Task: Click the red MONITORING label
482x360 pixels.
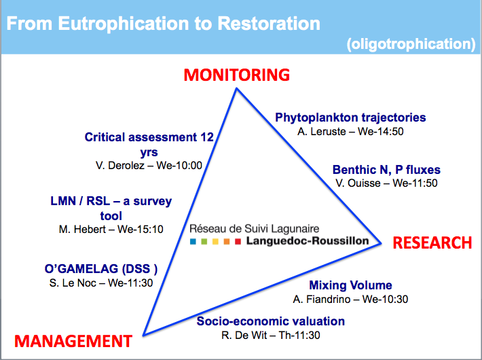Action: [237, 75]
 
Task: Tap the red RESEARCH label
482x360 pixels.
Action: [432, 242]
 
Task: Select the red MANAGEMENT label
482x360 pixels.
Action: [73, 341]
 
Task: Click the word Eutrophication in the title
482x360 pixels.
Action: [124, 24]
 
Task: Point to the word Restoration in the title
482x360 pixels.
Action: [269, 24]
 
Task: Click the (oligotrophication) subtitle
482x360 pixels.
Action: [411, 44]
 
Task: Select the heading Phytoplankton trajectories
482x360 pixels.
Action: [350, 118]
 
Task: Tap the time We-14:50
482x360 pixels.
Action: [381, 131]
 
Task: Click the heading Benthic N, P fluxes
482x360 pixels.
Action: [386, 170]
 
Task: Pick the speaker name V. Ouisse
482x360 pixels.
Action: [358, 183]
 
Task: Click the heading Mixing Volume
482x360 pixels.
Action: [350, 285]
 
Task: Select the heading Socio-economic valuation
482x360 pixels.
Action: [270, 321]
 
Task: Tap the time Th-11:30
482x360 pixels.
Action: [299, 335]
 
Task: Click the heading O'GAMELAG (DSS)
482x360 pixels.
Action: [101, 269]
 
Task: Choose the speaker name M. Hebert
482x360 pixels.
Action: [82, 229]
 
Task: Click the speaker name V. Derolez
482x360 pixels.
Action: [120, 166]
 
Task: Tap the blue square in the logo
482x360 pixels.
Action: [193, 242]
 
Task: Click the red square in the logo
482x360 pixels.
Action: [238, 242]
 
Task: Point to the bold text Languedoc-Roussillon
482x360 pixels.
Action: [308, 240]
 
